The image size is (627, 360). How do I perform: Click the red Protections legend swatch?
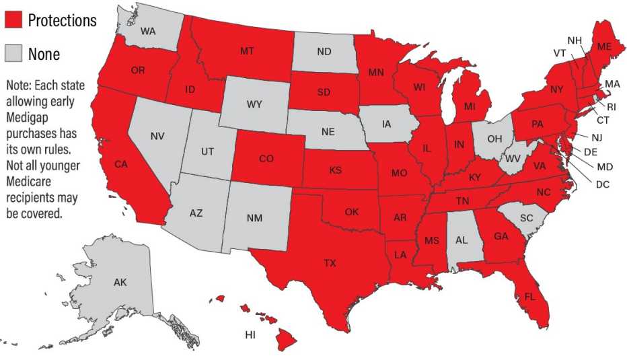13,20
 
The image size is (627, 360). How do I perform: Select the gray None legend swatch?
13,53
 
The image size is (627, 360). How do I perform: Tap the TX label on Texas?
329,263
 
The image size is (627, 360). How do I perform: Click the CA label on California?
121,164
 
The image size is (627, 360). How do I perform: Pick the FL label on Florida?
530,296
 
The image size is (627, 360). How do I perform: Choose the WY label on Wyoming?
254,104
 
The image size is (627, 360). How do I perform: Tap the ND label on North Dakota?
324,51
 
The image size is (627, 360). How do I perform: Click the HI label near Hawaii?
250,334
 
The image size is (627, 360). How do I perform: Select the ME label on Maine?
603,46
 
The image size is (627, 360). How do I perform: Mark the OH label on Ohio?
494,139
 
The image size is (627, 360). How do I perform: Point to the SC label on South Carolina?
527,219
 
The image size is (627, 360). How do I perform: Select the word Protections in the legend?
62,21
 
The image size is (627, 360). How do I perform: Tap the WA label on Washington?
149,31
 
